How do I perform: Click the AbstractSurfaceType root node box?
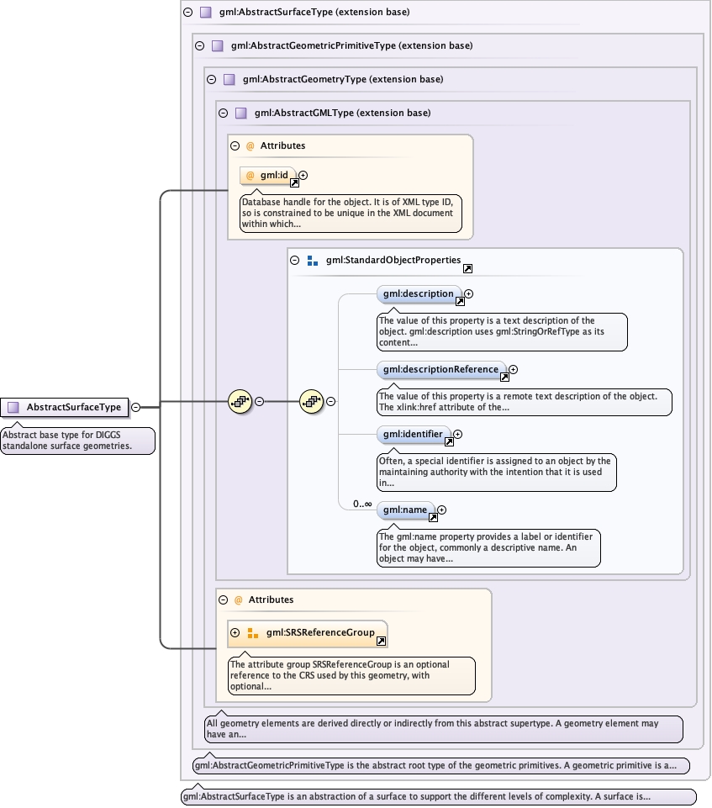(x=65, y=407)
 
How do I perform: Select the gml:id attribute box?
(x=268, y=176)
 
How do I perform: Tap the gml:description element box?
(x=419, y=294)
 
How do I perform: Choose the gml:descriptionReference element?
(x=441, y=369)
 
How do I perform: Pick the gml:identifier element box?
(x=414, y=435)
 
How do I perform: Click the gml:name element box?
(x=406, y=510)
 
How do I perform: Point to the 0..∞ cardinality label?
(x=362, y=504)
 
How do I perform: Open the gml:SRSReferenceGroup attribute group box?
(x=308, y=633)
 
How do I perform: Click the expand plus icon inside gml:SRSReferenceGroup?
(x=235, y=633)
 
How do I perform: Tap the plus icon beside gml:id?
(x=303, y=175)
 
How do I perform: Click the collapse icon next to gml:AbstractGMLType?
(x=223, y=113)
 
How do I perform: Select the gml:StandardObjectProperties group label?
(x=393, y=261)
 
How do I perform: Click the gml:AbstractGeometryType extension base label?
(x=343, y=79)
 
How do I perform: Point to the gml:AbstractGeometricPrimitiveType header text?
(x=352, y=46)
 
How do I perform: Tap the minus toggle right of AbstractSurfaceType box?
(x=135, y=407)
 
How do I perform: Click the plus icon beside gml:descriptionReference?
(x=513, y=369)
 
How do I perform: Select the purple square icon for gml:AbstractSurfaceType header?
(x=206, y=12)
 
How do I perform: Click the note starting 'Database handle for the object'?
(x=351, y=213)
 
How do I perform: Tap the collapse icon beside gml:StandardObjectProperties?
(x=295, y=261)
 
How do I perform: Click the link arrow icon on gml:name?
(x=433, y=517)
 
